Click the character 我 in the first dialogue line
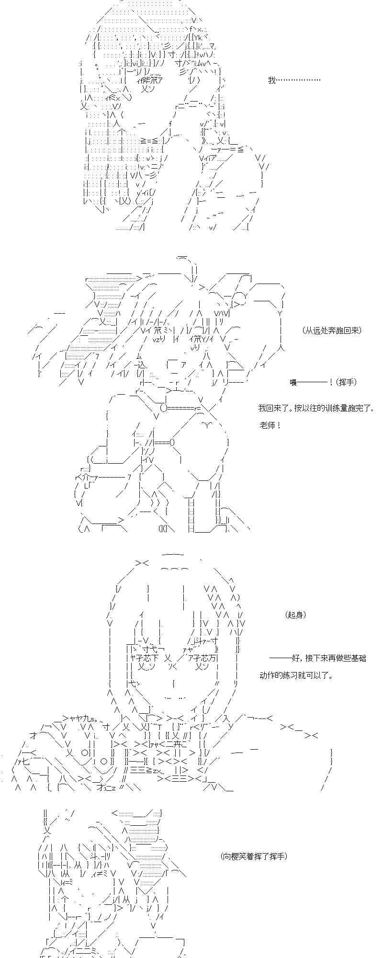tap(272, 80)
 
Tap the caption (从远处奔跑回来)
tap(332, 330)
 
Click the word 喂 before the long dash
tap(293, 382)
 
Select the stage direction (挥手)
tap(346, 382)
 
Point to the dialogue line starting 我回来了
tap(315, 408)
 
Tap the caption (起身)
tap(295, 615)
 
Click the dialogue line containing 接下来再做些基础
tap(317, 658)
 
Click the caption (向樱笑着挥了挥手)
tap(254, 856)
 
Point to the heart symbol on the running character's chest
tap(206, 424)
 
